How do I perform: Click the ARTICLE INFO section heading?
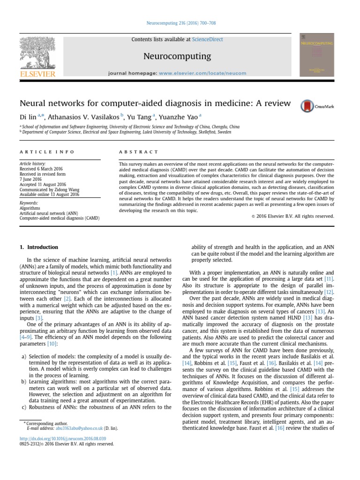(39, 152)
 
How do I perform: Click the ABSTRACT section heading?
(139, 152)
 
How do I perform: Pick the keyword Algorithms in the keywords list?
(30, 208)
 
